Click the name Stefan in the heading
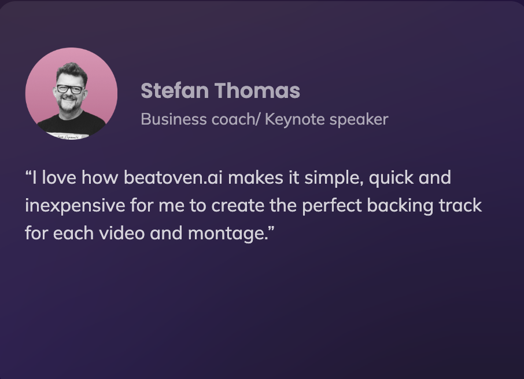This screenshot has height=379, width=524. (x=174, y=90)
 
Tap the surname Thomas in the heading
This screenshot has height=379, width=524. (x=257, y=90)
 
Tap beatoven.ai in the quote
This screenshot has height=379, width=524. (x=173, y=177)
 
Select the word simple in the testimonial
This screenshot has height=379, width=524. (x=334, y=178)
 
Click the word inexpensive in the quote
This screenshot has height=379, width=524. (x=75, y=206)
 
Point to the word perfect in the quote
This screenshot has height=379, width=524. (x=332, y=206)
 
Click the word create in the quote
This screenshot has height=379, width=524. (x=238, y=206)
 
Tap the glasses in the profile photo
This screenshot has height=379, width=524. (x=71, y=89)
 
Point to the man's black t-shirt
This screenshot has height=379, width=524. (x=72, y=123)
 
